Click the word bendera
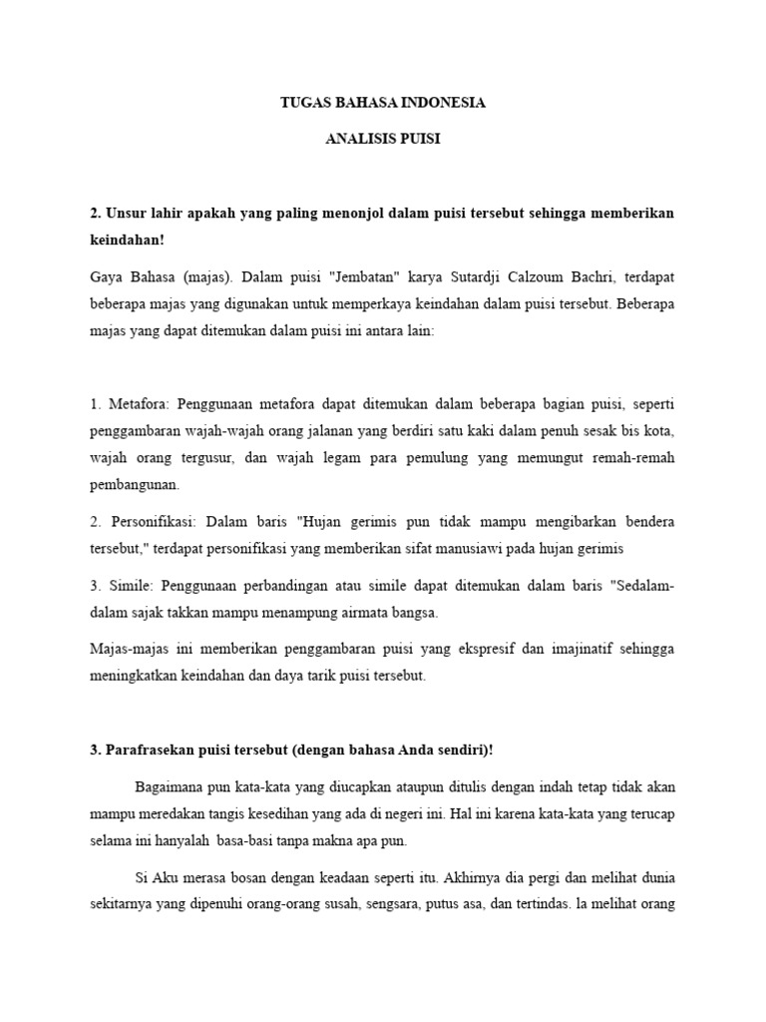(x=643, y=522)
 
